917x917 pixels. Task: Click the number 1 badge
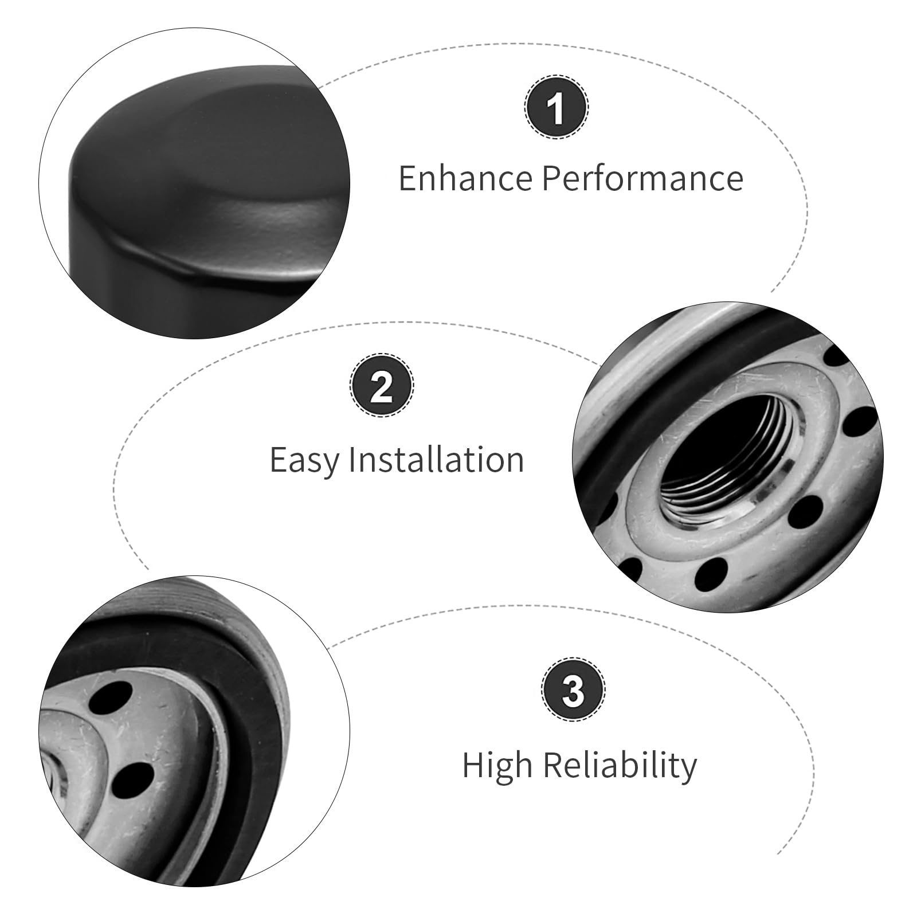(x=556, y=107)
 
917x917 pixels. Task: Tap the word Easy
(x=304, y=460)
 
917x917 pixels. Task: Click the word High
(x=498, y=766)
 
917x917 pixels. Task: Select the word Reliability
(x=621, y=766)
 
